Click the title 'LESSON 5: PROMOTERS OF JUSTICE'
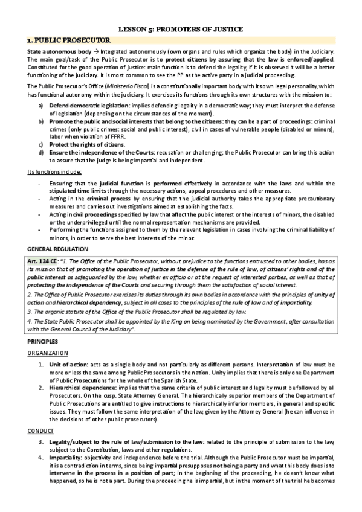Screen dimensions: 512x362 point(181,28)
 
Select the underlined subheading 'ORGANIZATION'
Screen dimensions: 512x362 point(48,353)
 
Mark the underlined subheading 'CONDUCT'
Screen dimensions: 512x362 point(39,430)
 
